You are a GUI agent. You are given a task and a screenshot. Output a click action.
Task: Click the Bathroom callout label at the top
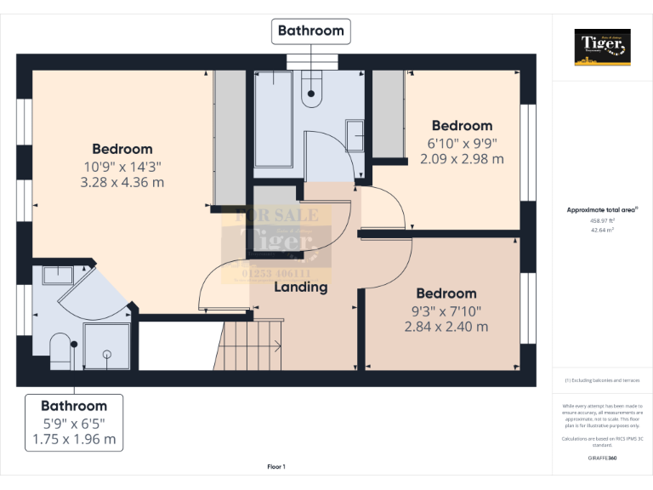[x=311, y=31]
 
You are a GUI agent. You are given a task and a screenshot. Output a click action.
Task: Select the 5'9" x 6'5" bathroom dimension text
[x=74, y=423]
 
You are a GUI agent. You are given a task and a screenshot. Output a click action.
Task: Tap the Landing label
[x=300, y=287]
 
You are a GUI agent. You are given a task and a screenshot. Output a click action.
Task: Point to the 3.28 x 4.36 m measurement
[x=122, y=182]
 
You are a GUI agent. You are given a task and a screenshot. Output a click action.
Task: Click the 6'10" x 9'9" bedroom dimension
[x=462, y=143]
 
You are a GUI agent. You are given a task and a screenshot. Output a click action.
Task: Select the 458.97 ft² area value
[x=603, y=220]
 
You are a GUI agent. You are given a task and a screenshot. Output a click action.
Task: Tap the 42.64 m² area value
[x=603, y=230]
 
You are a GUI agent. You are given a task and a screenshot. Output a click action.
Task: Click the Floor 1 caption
[x=276, y=466]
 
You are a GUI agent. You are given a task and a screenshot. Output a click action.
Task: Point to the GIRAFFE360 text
[x=603, y=458]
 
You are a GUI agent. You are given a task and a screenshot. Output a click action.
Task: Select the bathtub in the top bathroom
[x=274, y=119]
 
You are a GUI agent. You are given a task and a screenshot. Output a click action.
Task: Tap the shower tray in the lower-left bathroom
[x=107, y=347]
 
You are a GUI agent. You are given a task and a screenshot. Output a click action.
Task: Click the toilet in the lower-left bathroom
[x=60, y=350]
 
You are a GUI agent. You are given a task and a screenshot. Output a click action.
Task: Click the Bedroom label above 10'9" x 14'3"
[x=122, y=149]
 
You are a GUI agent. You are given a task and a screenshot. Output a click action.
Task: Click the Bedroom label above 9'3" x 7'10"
[x=446, y=293]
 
